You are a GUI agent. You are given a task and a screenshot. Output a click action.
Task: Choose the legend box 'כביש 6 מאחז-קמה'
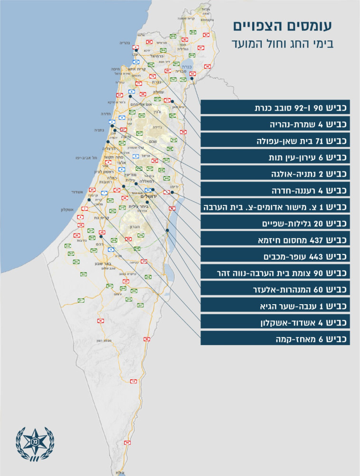point(275,339)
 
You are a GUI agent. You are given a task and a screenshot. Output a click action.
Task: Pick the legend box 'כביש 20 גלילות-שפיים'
point(275,223)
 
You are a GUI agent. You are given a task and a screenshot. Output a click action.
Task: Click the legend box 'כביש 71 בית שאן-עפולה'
point(275,140)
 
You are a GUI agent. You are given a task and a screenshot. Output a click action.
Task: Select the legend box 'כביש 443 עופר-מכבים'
point(275,256)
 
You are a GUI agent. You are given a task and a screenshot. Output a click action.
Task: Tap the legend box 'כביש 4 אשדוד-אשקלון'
point(275,322)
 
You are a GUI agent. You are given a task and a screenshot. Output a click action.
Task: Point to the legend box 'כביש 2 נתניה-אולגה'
point(275,173)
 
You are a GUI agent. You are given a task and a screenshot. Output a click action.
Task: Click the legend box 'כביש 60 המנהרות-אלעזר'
point(275,289)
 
